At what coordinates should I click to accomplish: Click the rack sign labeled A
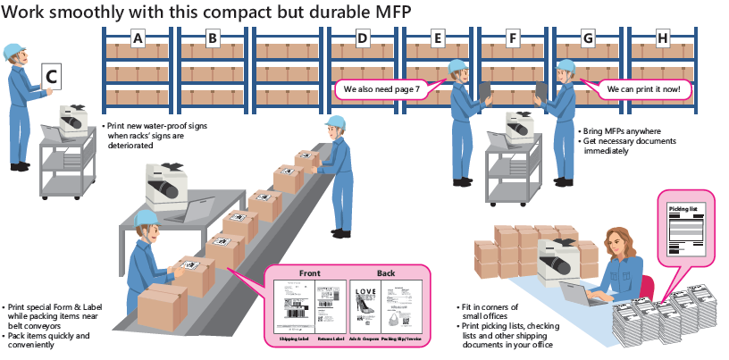[138, 38]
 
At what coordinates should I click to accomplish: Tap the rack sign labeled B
[213, 38]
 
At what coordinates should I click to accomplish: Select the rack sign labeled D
[362, 38]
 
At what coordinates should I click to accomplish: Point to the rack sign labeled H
[662, 38]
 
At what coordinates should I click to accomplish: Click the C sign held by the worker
[52, 78]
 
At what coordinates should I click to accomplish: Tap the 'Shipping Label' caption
[294, 339]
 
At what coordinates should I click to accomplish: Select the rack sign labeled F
[512, 38]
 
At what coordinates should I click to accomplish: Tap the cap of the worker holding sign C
[13, 51]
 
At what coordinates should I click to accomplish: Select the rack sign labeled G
[587, 38]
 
